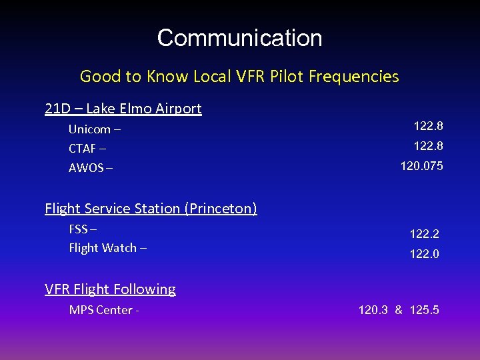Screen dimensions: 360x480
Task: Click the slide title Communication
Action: pyautogui.click(x=239, y=38)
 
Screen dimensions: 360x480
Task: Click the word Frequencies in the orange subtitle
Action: pyautogui.click(x=354, y=77)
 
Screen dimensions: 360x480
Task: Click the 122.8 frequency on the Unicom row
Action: pyautogui.click(x=428, y=126)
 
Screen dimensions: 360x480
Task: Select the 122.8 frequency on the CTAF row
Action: pyautogui.click(x=428, y=145)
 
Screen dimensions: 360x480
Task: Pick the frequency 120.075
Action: pyautogui.click(x=421, y=165)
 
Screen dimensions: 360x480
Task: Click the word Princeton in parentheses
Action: pyautogui.click(x=221, y=209)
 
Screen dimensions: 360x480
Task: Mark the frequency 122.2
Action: pyautogui.click(x=424, y=234)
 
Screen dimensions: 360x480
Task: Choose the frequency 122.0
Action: pyautogui.click(x=424, y=254)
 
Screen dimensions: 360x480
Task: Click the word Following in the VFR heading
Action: pyautogui.click(x=143, y=289)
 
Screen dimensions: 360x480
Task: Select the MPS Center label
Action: pyautogui.click(x=101, y=310)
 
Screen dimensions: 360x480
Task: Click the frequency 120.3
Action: pyautogui.click(x=373, y=310)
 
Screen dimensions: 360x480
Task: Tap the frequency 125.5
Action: pyautogui.click(x=425, y=310)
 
